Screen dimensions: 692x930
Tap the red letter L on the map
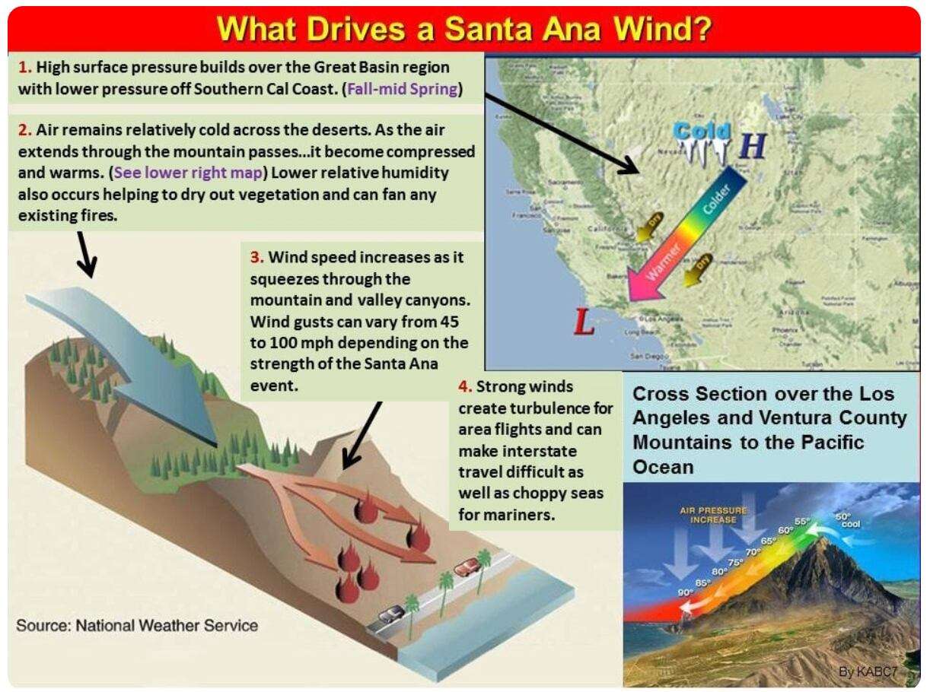(584, 323)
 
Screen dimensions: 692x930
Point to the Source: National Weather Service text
(137, 626)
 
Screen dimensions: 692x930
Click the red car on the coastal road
(466, 567)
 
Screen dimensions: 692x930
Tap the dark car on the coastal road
(391, 614)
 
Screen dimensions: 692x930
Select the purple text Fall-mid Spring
(403, 88)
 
